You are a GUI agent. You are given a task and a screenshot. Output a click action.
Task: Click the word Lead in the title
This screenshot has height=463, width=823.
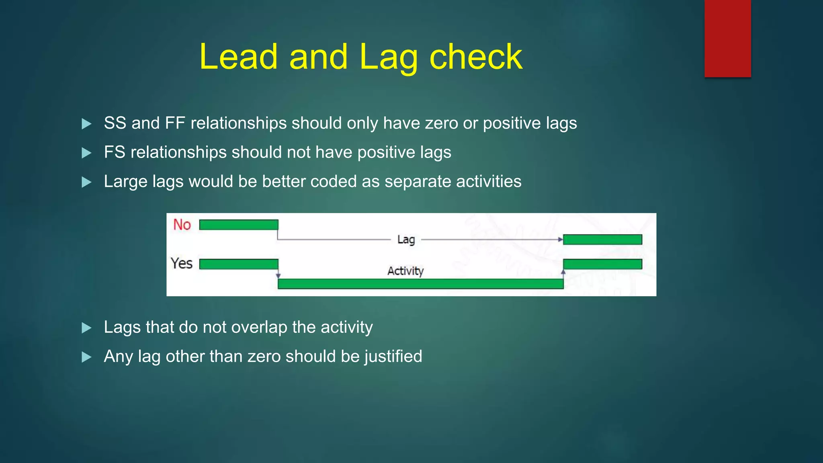pos(238,57)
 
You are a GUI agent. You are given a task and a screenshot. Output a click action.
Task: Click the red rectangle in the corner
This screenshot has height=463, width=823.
pos(727,38)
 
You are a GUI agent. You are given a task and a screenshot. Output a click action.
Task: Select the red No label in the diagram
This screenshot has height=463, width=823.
pos(182,225)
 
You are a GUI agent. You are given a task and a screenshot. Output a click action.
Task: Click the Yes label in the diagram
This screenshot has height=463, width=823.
pos(181,264)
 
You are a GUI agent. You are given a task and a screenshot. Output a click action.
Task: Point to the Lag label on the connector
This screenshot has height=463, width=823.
pos(406,240)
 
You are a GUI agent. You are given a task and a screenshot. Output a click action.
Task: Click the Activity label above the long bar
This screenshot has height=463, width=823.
pos(405,271)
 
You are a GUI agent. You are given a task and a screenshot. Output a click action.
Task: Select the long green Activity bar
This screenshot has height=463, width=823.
pos(420,284)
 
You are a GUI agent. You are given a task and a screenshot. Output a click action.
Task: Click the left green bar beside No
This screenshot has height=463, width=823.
pos(239,225)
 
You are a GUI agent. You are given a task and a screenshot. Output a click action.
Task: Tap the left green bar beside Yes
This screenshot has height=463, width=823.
pos(239,264)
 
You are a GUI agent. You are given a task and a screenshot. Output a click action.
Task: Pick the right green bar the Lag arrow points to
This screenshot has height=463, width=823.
pos(602,240)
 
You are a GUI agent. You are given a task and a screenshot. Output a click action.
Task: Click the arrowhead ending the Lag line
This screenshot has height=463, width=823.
pos(560,240)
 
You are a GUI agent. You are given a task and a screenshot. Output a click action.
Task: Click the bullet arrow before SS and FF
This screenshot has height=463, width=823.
pos(86,124)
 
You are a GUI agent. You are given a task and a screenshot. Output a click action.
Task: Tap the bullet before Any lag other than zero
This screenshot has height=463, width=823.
pos(86,357)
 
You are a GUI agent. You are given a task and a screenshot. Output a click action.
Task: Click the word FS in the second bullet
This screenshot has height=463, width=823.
pos(115,152)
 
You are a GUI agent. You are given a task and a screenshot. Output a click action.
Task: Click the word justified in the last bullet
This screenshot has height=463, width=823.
pos(393,356)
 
